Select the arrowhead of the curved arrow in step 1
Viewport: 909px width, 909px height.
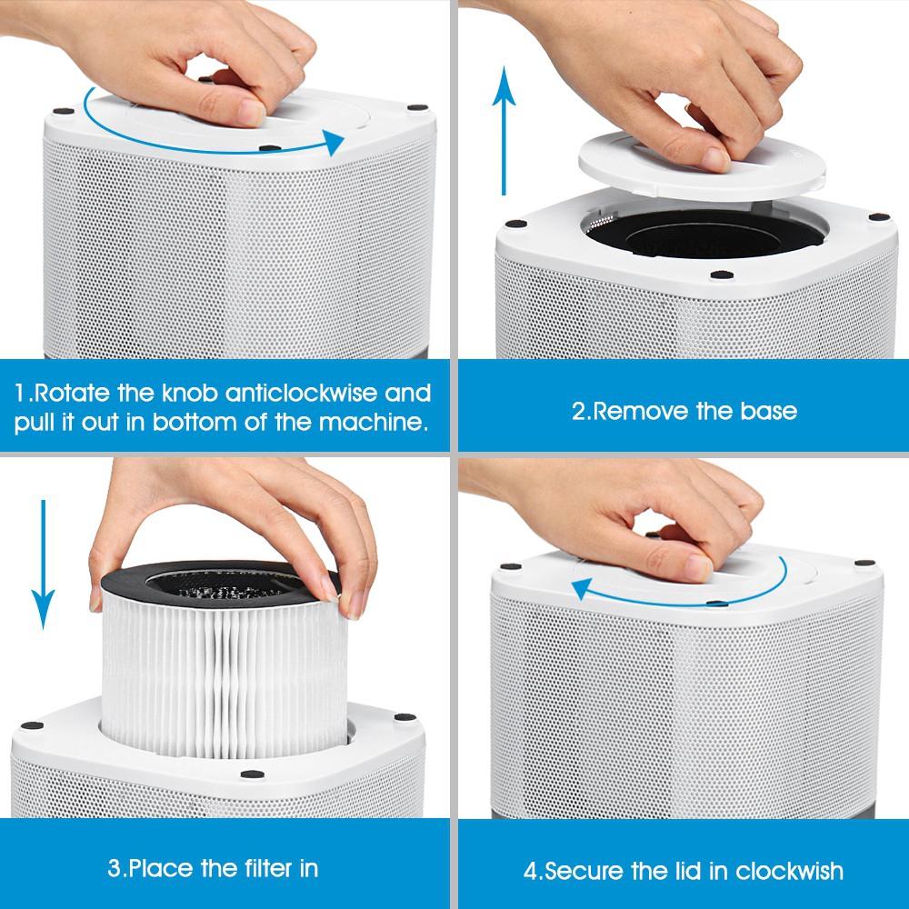(334, 142)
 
